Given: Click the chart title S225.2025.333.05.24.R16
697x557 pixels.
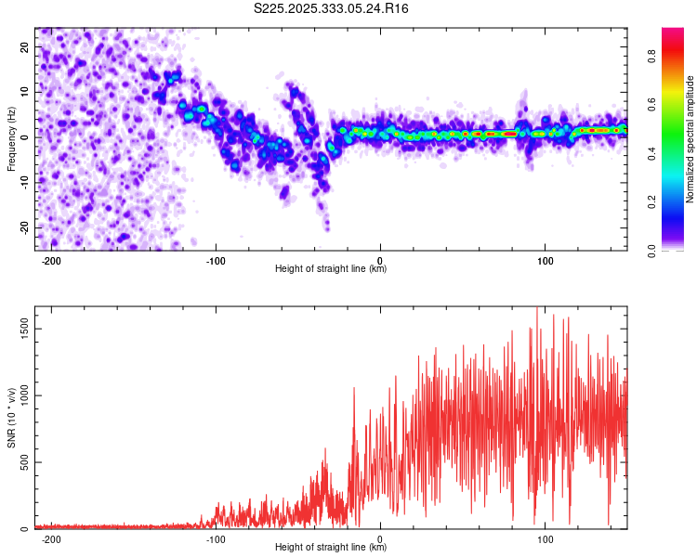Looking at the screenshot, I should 332,8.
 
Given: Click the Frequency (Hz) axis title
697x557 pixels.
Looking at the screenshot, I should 11,138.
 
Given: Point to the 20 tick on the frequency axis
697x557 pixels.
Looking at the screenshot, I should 25,46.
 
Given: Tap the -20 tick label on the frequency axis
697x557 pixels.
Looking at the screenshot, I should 23,227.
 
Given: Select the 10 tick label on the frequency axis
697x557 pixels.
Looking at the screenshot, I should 25,92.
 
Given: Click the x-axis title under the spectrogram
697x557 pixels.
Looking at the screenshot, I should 331,269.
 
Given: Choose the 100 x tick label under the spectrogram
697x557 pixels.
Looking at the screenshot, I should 545,260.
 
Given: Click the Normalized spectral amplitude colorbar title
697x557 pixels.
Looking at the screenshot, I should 690,138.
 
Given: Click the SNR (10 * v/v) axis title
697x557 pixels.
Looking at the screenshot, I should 11,418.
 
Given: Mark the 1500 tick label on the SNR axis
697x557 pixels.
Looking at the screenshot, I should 20,329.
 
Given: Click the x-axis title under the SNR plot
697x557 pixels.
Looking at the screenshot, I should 331,548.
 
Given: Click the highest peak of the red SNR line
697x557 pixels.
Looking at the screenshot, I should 536,309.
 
